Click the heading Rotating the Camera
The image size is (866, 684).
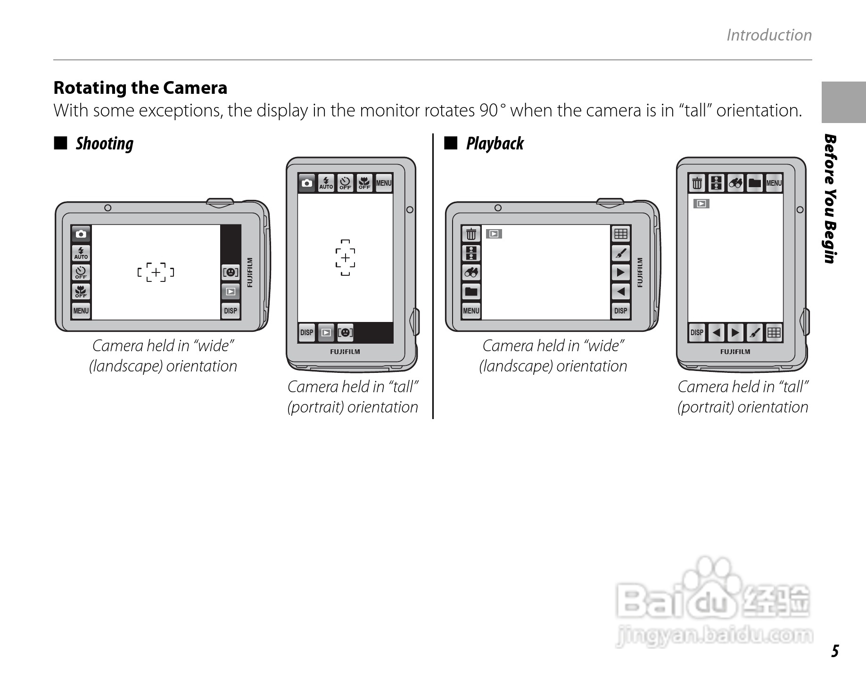(x=140, y=88)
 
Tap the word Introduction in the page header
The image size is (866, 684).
(x=769, y=35)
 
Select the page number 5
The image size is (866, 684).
(x=835, y=651)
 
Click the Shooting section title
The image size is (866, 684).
(x=105, y=143)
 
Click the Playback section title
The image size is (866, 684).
(x=495, y=143)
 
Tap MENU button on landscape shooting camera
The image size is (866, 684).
(x=81, y=311)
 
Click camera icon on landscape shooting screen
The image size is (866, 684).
(x=81, y=234)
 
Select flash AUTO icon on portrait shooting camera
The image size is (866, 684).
(x=326, y=183)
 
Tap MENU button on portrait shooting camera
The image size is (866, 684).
(x=384, y=183)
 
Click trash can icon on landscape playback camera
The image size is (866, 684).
(x=471, y=234)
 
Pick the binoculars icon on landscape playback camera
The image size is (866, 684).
(x=471, y=272)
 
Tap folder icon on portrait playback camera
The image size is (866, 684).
(x=755, y=183)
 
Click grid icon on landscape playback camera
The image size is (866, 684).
(x=621, y=234)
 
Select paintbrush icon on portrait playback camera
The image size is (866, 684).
(x=754, y=333)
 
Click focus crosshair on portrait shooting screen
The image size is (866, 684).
(x=346, y=258)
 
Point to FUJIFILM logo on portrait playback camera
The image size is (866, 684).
(x=735, y=352)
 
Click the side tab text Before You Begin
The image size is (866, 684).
(x=831, y=199)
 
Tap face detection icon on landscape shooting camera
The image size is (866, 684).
(x=231, y=272)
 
